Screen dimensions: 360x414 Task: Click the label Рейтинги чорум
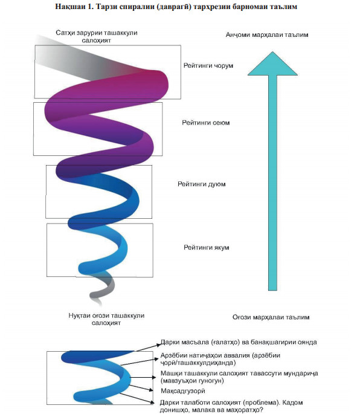208,65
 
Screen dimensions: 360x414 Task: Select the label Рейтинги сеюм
206,123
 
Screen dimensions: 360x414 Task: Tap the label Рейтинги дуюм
201,184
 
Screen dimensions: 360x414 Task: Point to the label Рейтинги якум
207,247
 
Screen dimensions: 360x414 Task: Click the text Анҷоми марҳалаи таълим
267,35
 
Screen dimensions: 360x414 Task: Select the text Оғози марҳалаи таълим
271,317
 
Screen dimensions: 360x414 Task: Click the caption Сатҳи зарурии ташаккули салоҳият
96,36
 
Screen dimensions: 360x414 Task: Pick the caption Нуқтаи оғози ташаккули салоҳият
106,319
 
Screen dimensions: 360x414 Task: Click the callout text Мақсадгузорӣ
183,391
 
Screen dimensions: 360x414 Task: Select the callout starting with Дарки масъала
239,342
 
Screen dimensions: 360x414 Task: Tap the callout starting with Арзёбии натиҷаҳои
220,359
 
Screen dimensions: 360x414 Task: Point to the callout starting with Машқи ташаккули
239,377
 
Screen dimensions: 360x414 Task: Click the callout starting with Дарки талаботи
231,406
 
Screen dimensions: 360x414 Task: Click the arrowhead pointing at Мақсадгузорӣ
151,390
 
